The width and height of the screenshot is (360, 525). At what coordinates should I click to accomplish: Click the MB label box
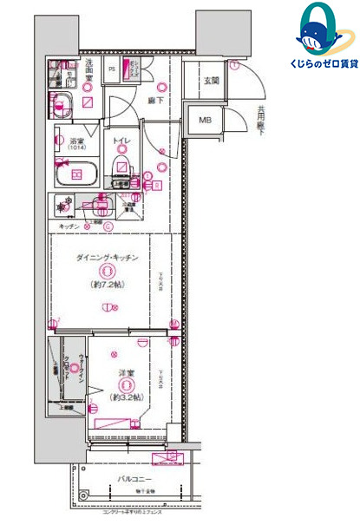click(206, 121)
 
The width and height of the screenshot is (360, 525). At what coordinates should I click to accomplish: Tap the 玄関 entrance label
click(211, 81)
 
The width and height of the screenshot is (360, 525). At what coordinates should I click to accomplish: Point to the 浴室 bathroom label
click(66, 141)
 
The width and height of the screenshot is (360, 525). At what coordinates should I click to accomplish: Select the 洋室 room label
click(127, 375)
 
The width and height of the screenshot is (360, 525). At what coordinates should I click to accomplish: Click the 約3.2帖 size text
click(127, 398)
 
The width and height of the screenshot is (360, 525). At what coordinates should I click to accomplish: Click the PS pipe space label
click(112, 69)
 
